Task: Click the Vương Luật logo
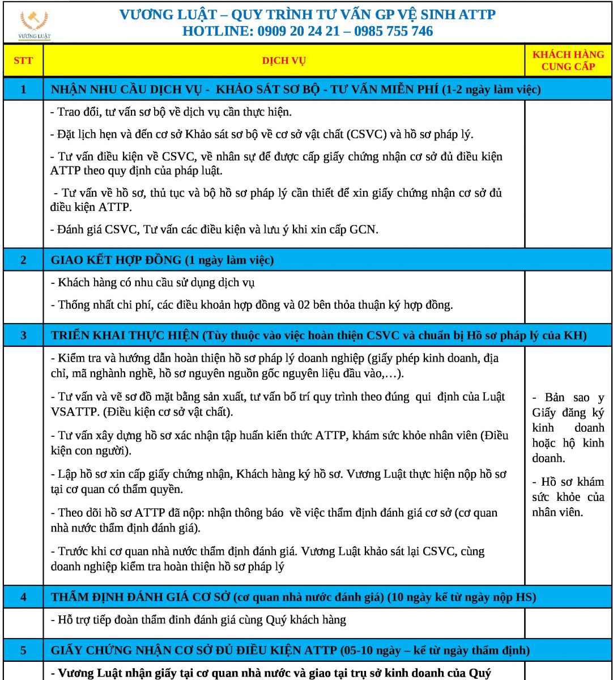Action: (35, 25)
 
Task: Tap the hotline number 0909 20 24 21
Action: (301, 31)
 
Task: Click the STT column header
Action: (23, 61)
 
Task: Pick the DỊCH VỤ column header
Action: (284, 61)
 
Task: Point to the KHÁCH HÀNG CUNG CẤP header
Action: (568, 61)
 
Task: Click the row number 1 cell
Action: (23, 90)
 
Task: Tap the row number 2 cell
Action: (23, 261)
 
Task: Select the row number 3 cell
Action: (23, 335)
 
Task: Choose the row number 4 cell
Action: (23, 597)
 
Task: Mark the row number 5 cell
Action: (23, 650)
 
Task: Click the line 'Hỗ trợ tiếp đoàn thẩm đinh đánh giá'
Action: (198, 619)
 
